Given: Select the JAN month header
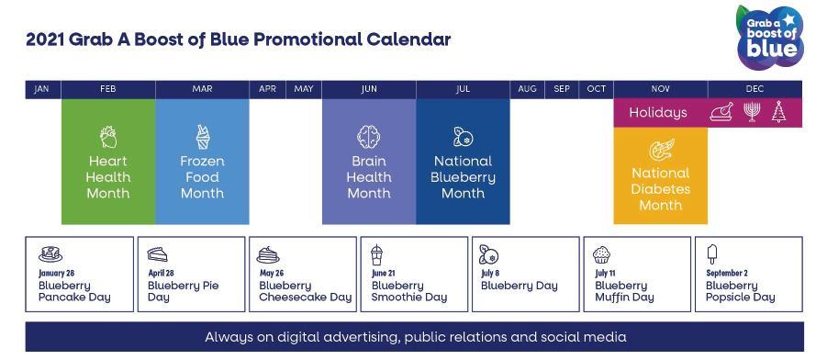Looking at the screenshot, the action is [x=41, y=89].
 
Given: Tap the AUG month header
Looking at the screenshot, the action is [x=527, y=89].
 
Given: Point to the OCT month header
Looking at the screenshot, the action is [x=596, y=89].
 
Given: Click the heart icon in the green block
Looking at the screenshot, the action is [x=108, y=137].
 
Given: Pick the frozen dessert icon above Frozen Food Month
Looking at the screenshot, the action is [x=203, y=137].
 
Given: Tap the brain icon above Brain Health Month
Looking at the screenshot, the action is [x=369, y=137].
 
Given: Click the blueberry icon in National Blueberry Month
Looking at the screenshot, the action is [x=464, y=137].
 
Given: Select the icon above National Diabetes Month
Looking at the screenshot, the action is [x=661, y=150].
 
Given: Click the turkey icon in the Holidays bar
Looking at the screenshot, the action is [x=721, y=112].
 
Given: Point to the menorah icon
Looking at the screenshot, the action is [x=752, y=112].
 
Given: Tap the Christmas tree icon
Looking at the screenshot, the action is [x=778, y=112].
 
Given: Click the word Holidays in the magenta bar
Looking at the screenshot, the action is [x=658, y=112].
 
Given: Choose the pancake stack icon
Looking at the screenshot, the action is [x=50, y=253].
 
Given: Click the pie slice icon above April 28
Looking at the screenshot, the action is [x=157, y=254].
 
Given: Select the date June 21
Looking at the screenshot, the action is [x=383, y=274].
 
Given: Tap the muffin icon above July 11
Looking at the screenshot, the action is [x=601, y=254].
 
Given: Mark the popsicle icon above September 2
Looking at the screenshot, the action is [x=712, y=254].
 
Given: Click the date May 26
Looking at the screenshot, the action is [x=272, y=274].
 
